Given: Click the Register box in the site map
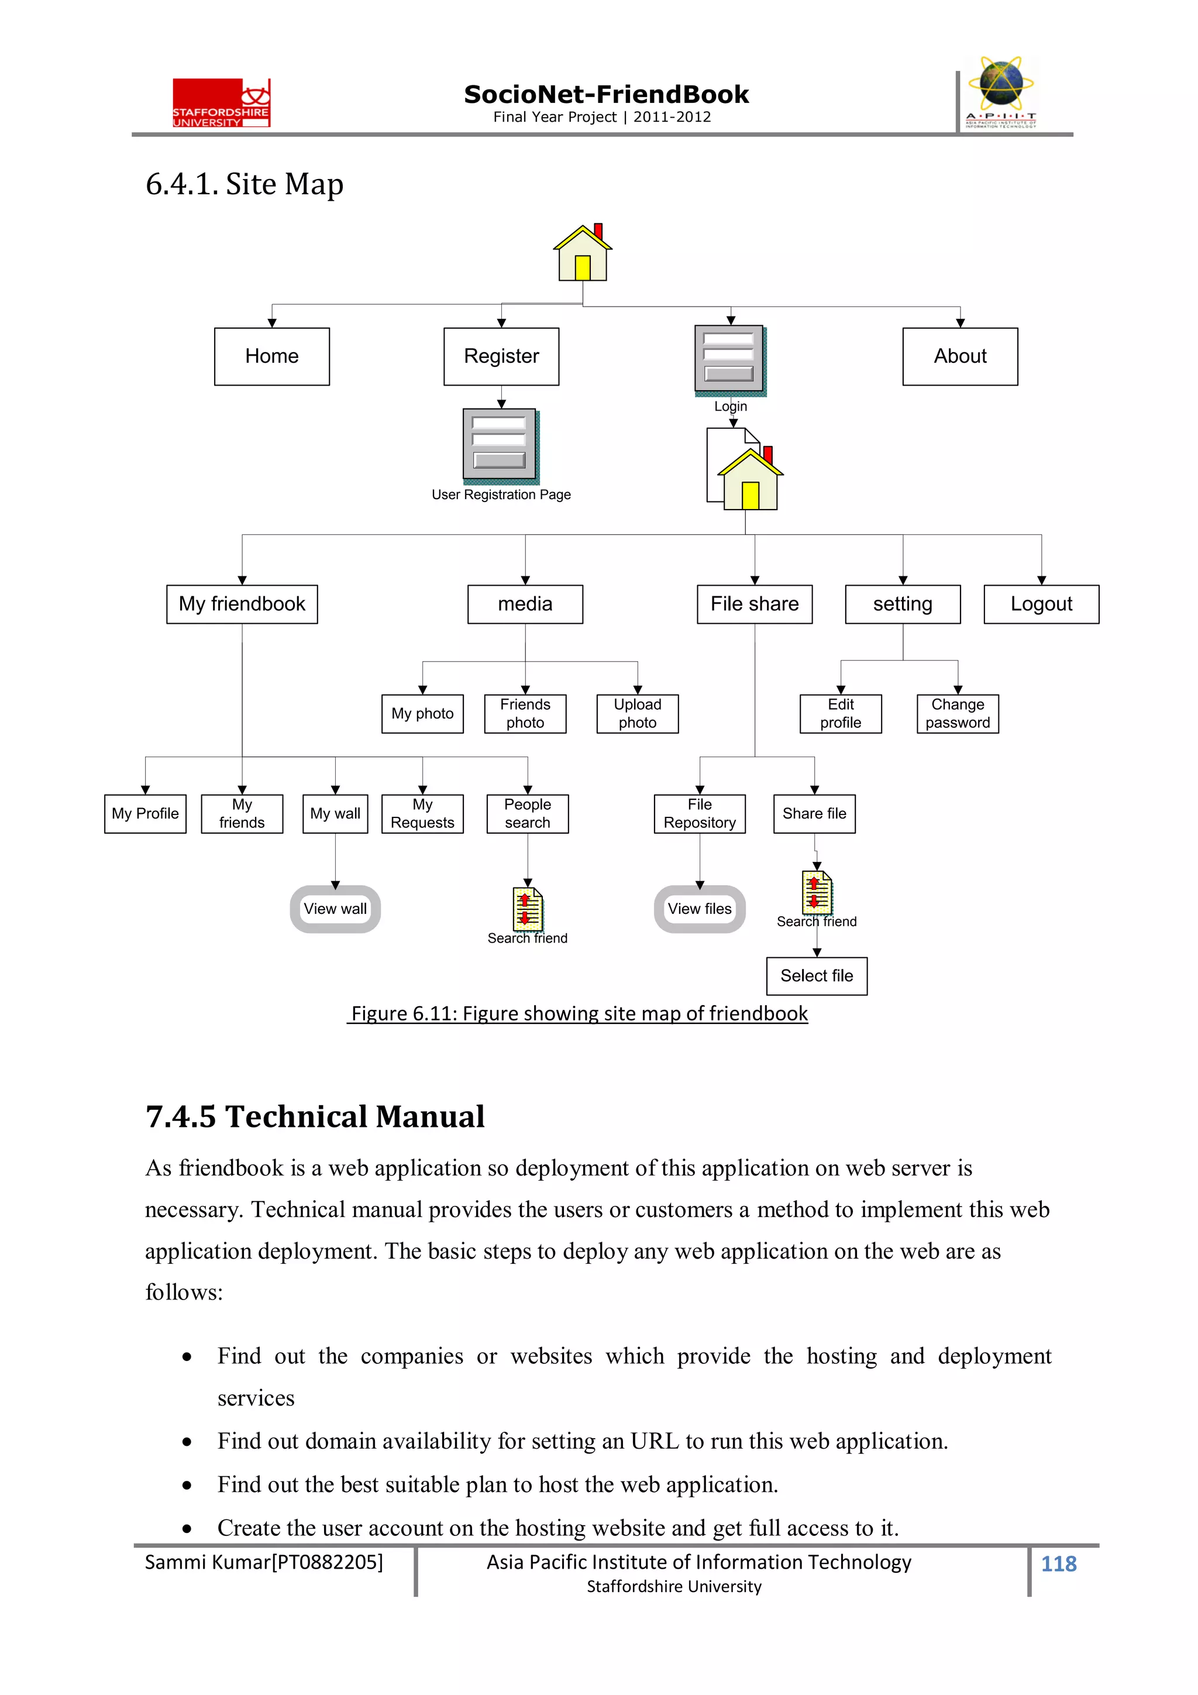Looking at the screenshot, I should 501,356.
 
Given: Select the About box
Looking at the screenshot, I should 959,356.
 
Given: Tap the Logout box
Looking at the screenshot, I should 1041,604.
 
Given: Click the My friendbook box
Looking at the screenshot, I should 242,604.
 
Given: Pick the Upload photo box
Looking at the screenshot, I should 637,713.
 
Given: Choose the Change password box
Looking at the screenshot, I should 958,713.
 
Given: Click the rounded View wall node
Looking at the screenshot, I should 335,909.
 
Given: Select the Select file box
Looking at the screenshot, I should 817,976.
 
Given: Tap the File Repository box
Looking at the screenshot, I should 700,813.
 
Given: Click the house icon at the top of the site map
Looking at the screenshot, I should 583,253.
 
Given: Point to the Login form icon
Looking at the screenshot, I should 729,359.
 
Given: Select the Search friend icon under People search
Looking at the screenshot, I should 528,909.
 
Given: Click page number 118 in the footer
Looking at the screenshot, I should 1059,1563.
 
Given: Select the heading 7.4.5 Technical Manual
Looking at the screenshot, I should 315,1116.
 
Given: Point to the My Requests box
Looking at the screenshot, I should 422,813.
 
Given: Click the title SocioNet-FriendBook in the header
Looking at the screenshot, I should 606,95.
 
